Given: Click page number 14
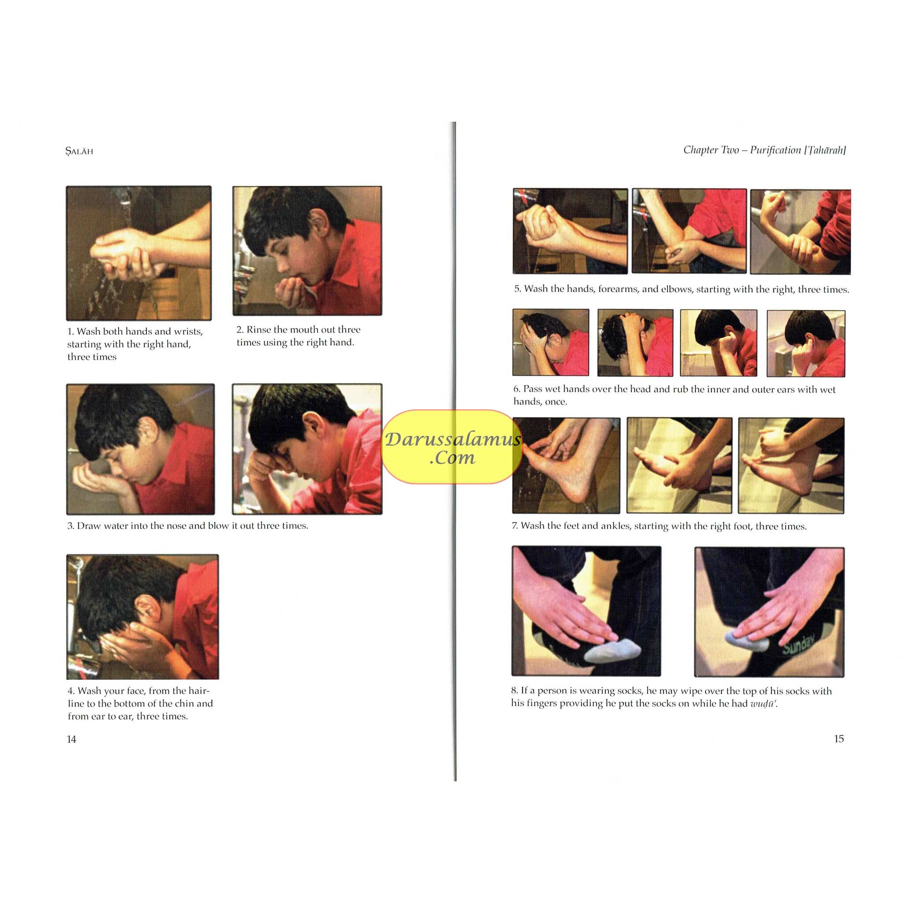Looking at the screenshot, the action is (71, 739).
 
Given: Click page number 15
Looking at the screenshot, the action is (839, 739).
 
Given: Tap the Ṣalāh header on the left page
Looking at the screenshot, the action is (79, 151).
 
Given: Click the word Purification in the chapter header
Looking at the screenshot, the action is (776, 150).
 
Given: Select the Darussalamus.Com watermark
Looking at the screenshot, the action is (452, 447).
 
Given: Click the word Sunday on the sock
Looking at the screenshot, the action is (799, 644).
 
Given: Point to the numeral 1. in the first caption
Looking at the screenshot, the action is (71, 332).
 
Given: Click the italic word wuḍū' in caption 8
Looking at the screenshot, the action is (764, 703).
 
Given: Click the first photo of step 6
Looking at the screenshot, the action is (551, 342).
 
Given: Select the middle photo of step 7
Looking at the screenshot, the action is (679, 466).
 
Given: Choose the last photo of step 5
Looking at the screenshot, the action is (800, 231).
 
